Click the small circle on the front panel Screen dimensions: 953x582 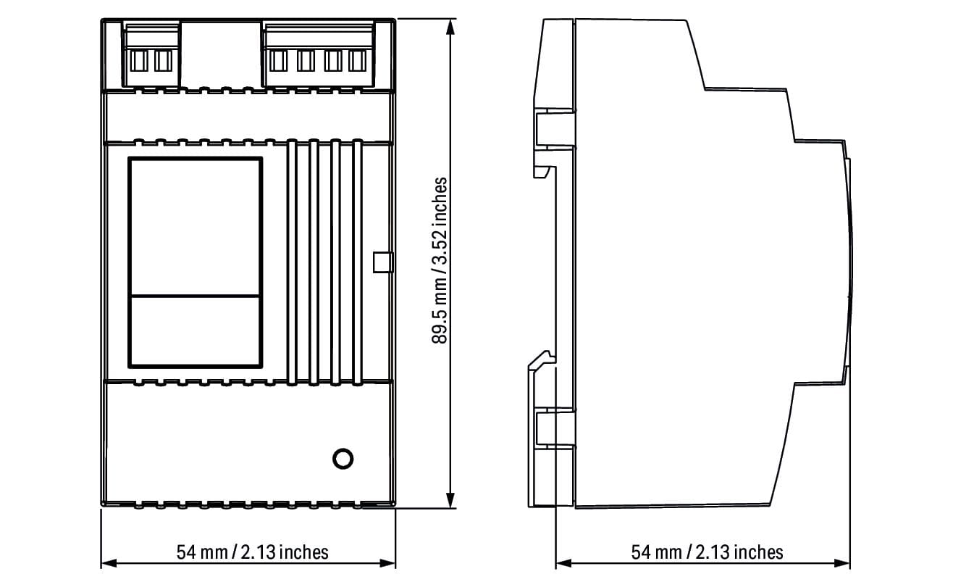[x=343, y=459]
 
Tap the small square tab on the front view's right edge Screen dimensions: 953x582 [x=383, y=262]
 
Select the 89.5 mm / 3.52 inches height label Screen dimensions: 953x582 [x=440, y=260]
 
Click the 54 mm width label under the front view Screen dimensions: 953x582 [x=252, y=552]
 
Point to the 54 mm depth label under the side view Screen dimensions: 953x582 [x=707, y=552]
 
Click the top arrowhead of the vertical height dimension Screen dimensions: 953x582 [x=451, y=26]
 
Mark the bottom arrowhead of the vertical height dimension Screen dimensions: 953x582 [x=451, y=500]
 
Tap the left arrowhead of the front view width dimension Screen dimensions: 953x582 [x=109, y=563]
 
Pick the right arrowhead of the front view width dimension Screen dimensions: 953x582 [x=387, y=563]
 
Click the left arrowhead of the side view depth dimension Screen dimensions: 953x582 [x=563, y=563]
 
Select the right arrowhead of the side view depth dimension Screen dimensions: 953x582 [x=842, y=563]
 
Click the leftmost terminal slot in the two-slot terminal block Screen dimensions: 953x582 [x=139, y=60]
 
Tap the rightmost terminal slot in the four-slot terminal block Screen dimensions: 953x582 [x=358, y=60]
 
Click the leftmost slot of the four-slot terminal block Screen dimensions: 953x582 [x=278, y=60]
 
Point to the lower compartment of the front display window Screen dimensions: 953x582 [x=196, y=331]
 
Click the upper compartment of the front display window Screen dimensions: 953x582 [x=196, y=227]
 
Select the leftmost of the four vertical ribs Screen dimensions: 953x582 [x=292, y=262]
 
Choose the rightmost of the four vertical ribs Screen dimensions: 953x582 [x=358, y=262]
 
